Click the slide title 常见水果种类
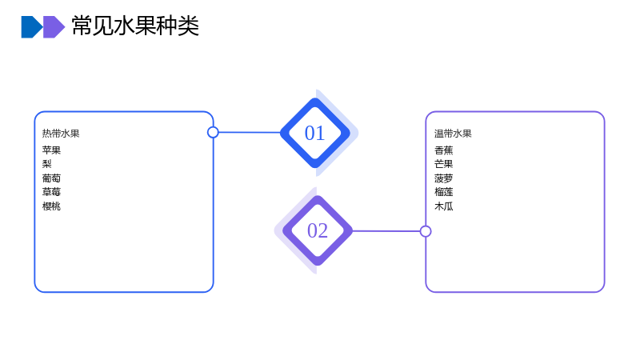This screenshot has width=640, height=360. point(135,26)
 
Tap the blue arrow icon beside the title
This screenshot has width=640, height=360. point(32,27)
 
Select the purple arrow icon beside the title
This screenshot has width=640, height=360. point(54,27)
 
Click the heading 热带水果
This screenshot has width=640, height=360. point(61,134)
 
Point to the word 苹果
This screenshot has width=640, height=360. point(51,150)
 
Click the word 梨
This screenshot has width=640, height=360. point(47,164)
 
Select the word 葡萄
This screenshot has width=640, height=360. point(51,178)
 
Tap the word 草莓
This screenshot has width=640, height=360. point(51,192)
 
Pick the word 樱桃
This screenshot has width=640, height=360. point(51,206)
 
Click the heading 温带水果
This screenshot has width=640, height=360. point(453,134)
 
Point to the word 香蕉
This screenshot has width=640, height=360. point(444,150)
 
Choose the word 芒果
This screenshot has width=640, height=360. point(444,164)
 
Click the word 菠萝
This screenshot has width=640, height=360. point(444,178)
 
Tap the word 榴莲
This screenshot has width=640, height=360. point(444,192)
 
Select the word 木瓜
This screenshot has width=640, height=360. point(444,206)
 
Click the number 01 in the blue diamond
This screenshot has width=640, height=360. point(314,133)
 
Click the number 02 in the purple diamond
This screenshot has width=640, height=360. point(318,230)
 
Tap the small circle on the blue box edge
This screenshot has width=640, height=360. point(213,132)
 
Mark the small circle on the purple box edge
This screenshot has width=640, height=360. point(426,231)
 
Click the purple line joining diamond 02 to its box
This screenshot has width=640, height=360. point(386,231)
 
